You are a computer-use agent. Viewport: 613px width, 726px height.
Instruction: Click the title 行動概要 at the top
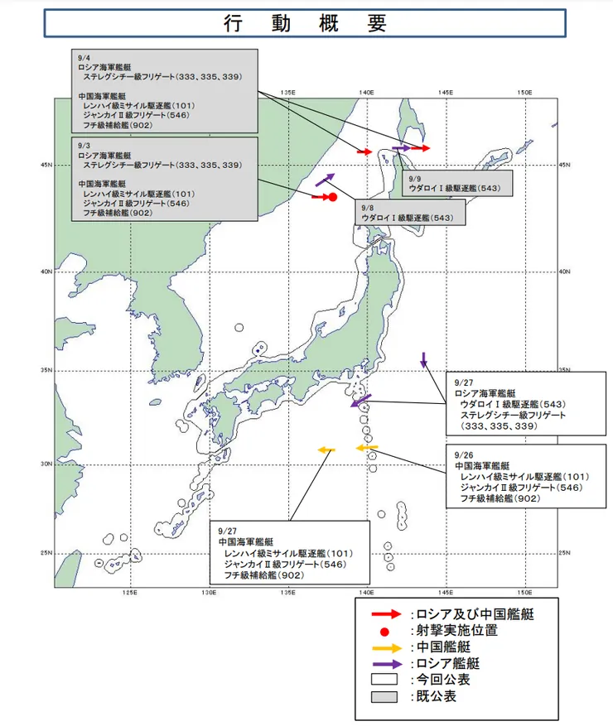306,23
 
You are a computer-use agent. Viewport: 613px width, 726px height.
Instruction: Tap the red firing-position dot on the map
331,197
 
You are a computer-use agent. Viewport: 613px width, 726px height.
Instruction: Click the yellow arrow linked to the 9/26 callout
366,447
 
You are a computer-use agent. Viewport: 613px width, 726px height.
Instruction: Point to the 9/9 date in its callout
415,178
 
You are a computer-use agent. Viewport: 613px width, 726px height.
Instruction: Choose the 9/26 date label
464,455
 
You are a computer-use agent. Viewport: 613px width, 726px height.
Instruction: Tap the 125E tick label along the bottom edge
129,593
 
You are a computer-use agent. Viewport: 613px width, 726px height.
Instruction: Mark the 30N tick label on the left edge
46,464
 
